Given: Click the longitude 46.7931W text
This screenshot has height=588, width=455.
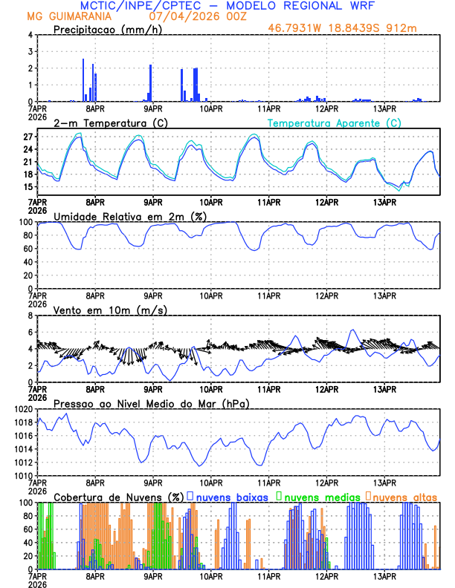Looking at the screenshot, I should (297, 29).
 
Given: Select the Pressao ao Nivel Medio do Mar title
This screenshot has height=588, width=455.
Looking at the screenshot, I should (151, 403).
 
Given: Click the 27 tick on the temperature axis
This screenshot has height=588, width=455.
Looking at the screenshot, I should (28, 137).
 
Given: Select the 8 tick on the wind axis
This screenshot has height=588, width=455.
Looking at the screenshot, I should (30, 316).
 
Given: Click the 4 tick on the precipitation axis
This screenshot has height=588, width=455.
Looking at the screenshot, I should (30, 35).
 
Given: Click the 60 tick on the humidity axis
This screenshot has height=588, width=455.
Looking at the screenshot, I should (28, 249).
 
